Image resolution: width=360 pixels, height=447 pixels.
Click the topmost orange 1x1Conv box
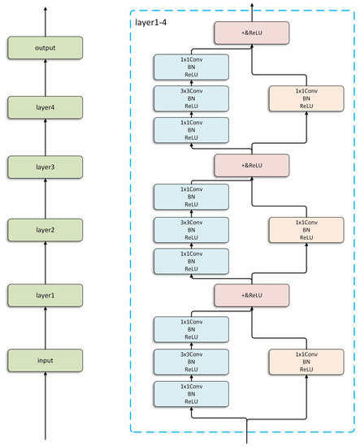[x=305, y=98]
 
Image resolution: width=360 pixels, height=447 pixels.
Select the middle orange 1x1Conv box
[x=305, y=228]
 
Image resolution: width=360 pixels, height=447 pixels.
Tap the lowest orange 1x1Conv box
[x=305, y=359]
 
